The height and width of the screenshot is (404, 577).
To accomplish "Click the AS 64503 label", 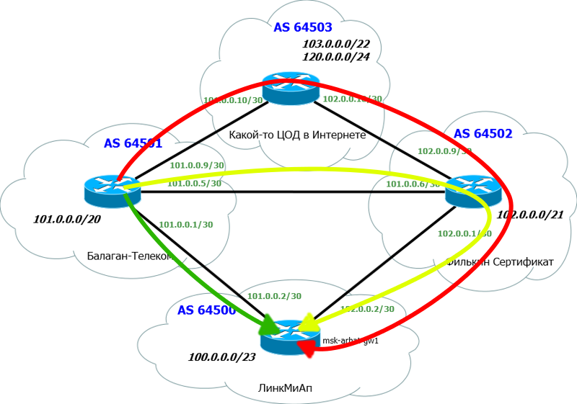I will point(302,28).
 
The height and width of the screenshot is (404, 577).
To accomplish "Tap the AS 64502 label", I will point(483,133).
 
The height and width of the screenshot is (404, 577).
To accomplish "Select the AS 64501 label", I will point(133,143).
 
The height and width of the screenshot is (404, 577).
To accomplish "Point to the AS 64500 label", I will point(206,311).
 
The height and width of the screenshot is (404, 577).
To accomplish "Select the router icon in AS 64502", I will point(472,190).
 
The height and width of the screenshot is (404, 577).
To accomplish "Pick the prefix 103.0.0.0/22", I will point(336,44).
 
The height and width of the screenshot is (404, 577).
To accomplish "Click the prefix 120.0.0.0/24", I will point(336,56).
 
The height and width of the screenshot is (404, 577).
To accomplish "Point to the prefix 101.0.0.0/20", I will point(67,218).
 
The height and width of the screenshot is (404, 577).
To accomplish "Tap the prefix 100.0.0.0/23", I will point(221,357).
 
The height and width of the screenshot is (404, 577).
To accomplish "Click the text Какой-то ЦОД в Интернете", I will point(297,135).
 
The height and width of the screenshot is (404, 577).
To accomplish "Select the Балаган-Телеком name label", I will point(131,255).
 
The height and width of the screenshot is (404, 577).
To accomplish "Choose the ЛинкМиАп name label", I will point(285,388).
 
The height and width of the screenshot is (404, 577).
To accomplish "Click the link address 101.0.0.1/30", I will point(185,224).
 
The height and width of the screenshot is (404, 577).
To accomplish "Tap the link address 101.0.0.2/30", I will point(274,296).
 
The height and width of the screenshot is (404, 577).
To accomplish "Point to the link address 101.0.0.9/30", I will point(196,165).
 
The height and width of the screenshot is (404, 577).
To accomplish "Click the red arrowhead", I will point(307,349).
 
